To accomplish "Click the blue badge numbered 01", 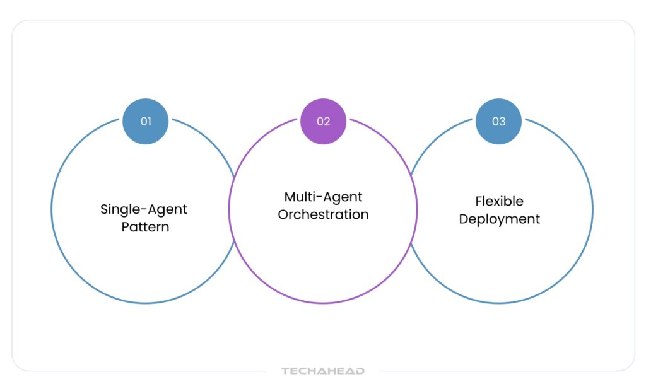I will point(146,121).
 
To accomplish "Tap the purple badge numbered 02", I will point(323,121).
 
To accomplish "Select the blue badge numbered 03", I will point(498,121).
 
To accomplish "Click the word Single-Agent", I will point(144,209).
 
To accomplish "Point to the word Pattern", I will point(146,226).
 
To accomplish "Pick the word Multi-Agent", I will point(323,197).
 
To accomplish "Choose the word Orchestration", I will point(323,214).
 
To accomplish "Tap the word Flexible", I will point(500,201).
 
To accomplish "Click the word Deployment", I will point(500,219).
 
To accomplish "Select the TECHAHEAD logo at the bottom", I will point(323,371).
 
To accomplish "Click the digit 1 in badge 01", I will point(149,121).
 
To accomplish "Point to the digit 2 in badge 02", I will point(327,121).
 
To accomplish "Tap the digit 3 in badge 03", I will point(502,121).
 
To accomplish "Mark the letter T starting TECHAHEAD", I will point(285,371).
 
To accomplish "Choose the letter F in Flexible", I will point(479,201).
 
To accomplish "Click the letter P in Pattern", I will point(125,226).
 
